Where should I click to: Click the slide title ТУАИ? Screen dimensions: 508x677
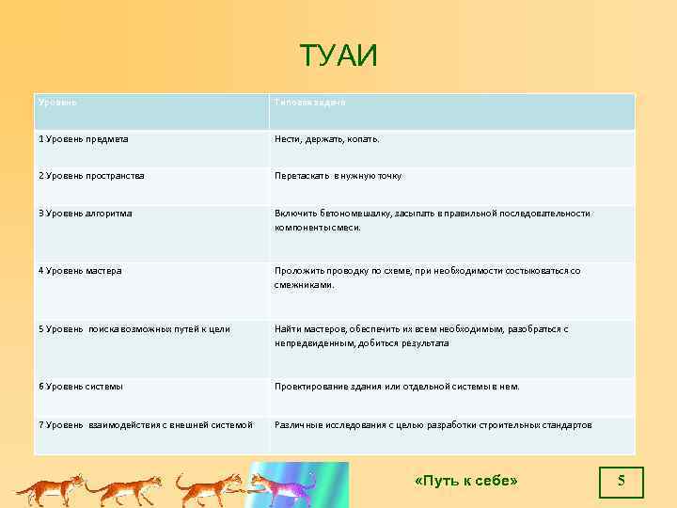click(338, 56)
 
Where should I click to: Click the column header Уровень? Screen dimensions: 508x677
click(57, 101)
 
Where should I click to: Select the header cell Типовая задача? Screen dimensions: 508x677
click(310, 101)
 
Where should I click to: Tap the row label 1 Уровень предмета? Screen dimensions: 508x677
click(84, 139)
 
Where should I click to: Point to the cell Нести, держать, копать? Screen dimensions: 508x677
click(327, 139)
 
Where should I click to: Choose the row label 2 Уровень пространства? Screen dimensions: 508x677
click(91, 176)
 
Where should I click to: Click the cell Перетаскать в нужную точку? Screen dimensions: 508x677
click(338, 176)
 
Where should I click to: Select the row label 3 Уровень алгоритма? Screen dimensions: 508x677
click(86, 214)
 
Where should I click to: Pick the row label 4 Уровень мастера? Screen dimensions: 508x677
click(80, 271)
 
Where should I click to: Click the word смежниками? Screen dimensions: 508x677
click(305, 285)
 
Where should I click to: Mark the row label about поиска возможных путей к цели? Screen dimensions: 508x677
click(134, 329)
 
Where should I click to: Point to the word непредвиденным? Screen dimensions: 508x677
click(315, 343)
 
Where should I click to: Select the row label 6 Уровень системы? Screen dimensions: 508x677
click(81, 387)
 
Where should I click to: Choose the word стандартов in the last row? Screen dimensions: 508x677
click(564, 425)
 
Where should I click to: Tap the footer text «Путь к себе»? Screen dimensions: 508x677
click(465, 482)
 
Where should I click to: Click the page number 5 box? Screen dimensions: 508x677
click(621, 482)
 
